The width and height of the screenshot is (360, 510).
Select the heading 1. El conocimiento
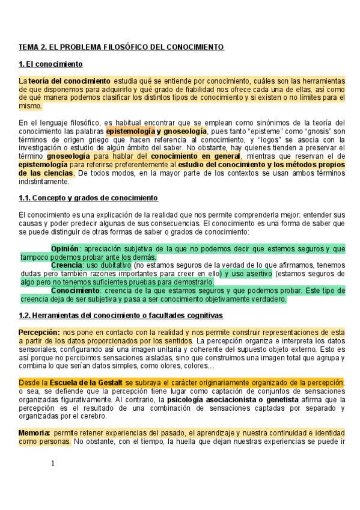(51, 64)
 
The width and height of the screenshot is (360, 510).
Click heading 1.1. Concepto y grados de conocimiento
(88, 198)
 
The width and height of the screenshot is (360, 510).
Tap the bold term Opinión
(65, 248)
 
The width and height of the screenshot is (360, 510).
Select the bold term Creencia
(67, 265)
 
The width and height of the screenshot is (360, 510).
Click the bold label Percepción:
(39, 331)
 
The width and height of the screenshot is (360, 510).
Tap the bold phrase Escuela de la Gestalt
(87, 382)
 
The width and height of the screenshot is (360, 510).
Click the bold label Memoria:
(34, 432)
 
